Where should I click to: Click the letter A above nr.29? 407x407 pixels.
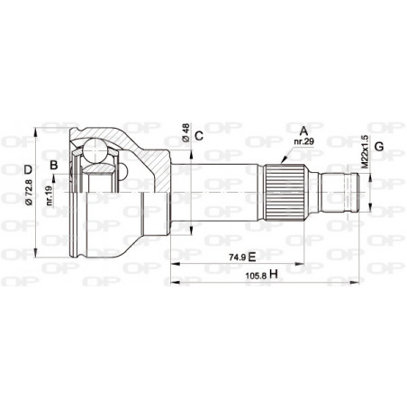303,129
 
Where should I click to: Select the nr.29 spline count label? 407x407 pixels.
303,142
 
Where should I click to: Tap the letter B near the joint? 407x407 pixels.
54,164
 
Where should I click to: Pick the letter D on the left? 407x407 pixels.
29,168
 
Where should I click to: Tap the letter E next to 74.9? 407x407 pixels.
251,256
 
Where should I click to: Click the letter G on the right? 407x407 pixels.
379,147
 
